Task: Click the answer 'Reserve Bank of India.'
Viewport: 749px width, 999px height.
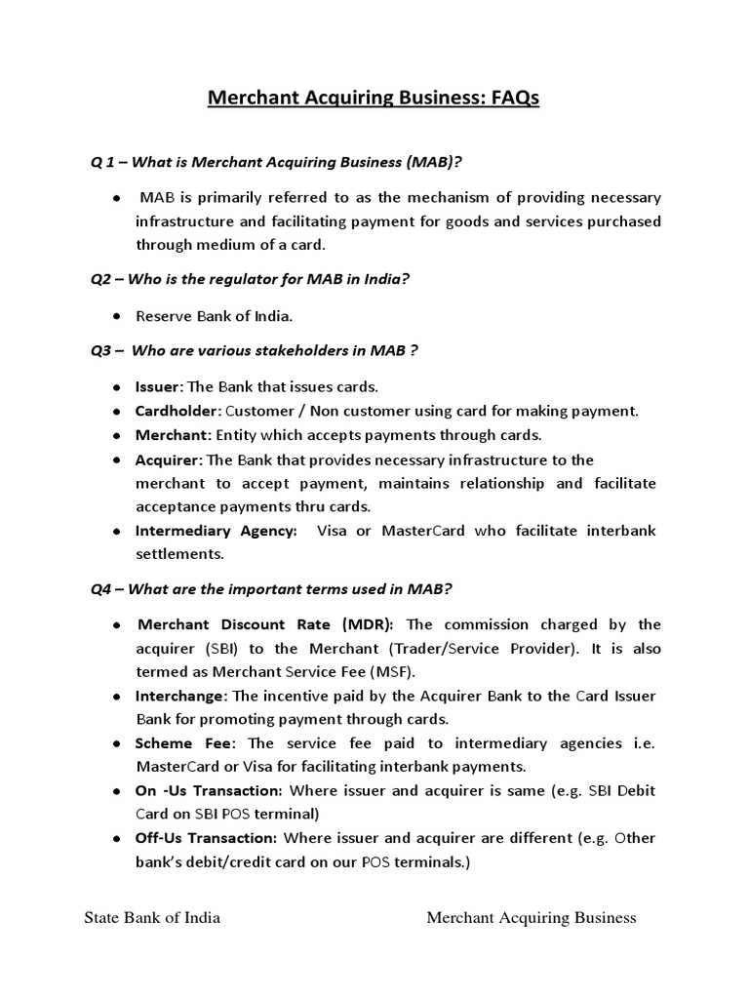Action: click(x=214, y=316)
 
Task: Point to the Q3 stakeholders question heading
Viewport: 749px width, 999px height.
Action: click(x=255, y=350)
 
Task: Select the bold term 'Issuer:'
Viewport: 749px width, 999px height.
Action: click(x=159, y=386)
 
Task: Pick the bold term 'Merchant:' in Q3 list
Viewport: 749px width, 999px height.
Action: click(x=170, y=435)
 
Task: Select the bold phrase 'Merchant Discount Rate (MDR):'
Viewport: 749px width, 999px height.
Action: click(x=266, y=624)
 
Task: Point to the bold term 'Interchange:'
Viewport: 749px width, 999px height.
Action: click(x=181, y=696)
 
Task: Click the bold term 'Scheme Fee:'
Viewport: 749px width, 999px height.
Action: click(x=177, y=743)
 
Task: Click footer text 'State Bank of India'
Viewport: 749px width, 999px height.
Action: click(x=152, y=917)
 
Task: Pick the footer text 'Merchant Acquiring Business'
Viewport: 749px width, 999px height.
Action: click(x=532, y=917)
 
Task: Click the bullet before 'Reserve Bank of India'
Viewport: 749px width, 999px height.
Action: click(x=115, y=316)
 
